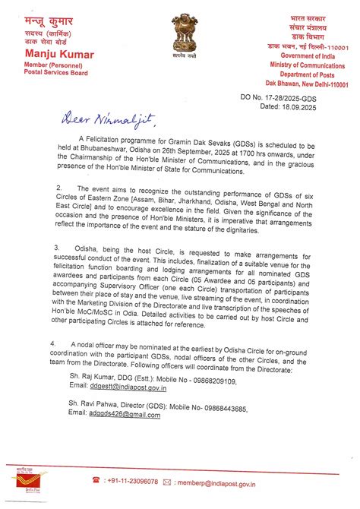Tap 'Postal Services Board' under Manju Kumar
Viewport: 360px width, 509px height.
tap(57, 73)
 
